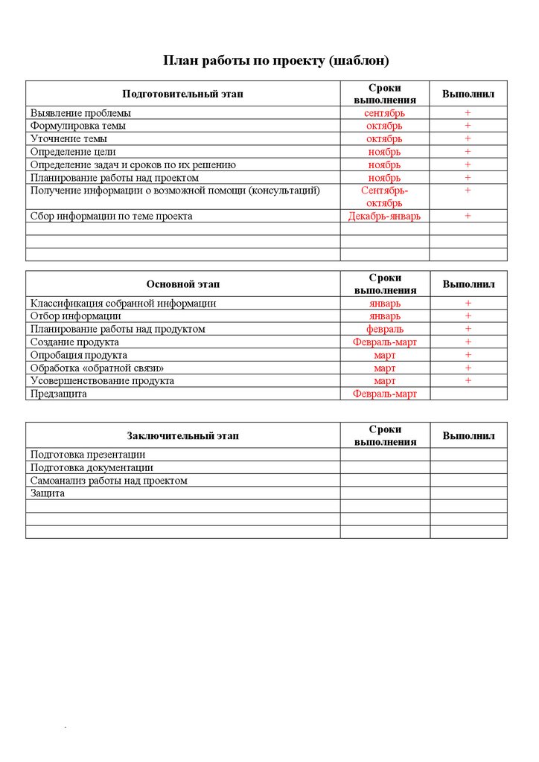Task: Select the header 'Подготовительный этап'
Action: point(182,94)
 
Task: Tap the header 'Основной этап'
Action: point(182,284)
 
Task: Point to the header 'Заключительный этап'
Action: point(182,435)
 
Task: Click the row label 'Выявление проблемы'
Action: point(80,113)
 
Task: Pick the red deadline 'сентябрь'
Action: point(384,113)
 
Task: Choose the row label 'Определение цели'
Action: point(73,152)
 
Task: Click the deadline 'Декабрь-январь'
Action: point(384,216)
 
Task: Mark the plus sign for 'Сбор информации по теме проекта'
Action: point(468,216)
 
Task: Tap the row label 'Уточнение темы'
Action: point(68,139)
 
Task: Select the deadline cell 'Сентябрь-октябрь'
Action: point(384,196)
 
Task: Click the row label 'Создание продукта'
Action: point(74,342)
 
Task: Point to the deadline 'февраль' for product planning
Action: point(384,329)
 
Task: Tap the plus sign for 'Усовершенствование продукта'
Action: point(468,380)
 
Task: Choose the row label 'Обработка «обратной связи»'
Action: point(97,368)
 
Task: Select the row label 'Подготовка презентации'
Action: point(88,455)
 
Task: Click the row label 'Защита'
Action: point(48,493)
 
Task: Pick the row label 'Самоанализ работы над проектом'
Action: point(109,481)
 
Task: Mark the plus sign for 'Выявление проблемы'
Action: point(468,113)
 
